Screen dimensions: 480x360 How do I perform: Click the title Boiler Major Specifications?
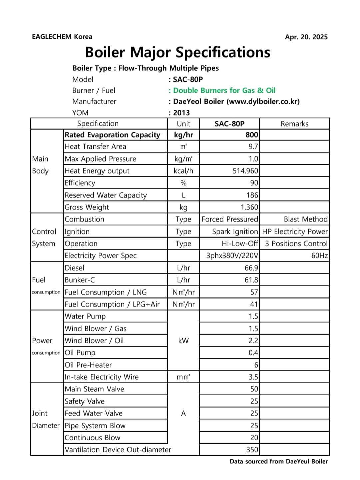point(178,52)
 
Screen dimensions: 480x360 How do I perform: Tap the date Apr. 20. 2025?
point(306,37)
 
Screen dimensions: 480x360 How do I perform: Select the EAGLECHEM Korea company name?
point(62,37)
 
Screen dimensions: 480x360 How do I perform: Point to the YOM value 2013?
point(181,113)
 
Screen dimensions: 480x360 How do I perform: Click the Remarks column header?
point(294,124)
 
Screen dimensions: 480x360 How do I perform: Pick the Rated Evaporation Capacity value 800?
point(252,135)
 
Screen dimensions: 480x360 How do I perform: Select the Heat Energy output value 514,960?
point(245,171)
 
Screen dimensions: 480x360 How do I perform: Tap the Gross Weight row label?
point(87,207)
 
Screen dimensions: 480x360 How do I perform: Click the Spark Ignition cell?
point(235,231)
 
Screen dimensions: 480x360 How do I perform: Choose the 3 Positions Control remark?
point(296,244)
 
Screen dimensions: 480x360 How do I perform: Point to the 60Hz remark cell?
point(319,256)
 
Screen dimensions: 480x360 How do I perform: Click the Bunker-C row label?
point(80,280)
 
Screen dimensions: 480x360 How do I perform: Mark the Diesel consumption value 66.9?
point(251,268)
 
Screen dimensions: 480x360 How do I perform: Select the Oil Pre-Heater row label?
point(88,365)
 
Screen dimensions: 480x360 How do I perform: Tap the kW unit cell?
point(183,341)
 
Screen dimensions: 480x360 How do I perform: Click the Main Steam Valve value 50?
point(254,389)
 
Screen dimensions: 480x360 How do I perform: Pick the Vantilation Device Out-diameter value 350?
point(252,450)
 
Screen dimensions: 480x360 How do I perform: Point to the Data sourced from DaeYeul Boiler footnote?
point(279,461)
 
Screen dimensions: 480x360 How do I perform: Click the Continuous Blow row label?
point(92,438)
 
